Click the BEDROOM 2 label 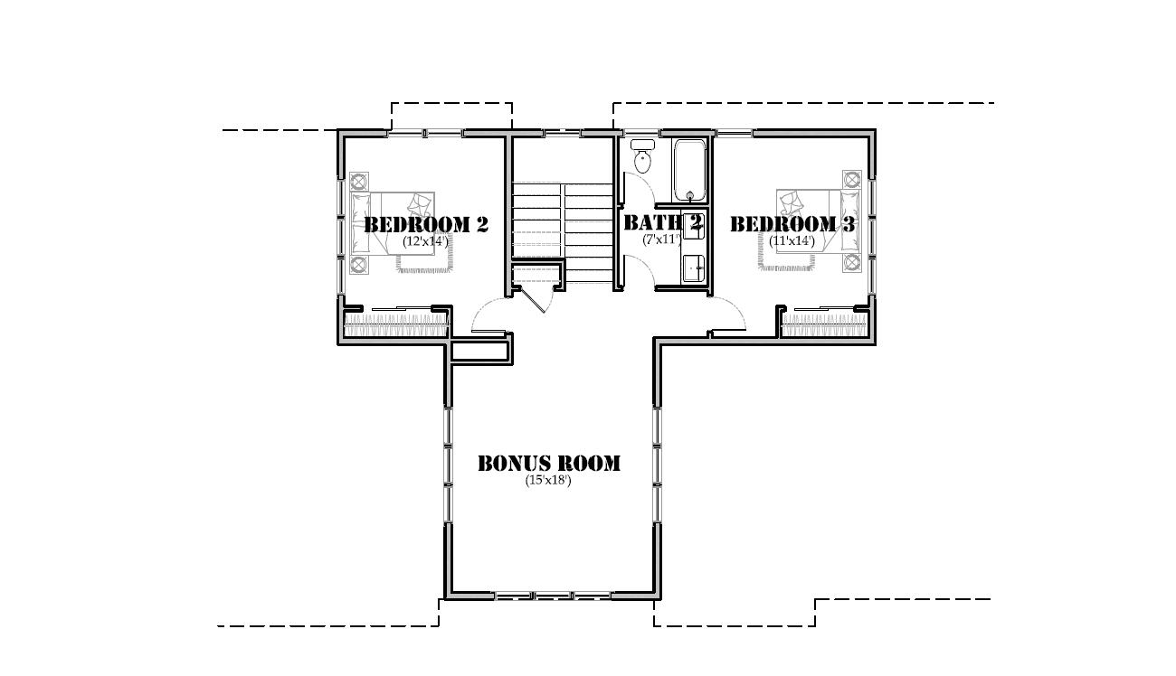[x=425, y=224]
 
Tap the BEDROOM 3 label [x=792, y=224]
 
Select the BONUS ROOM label [x=549, y=464]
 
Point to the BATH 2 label [x=662, y=222]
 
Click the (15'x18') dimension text [x=548, y=481]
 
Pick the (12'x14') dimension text [x=425, y=241]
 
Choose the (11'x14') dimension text [x=792, y=241]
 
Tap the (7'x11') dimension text [x=661, y=240]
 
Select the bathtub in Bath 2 [x=689, y=170]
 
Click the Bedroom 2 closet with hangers [x=395, y=324]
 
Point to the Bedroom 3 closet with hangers [x=825, y=324]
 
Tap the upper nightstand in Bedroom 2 [x=359, y=180]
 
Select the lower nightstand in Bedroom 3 [x=851, y=262]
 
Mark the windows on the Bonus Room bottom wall [x=552, y=596]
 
